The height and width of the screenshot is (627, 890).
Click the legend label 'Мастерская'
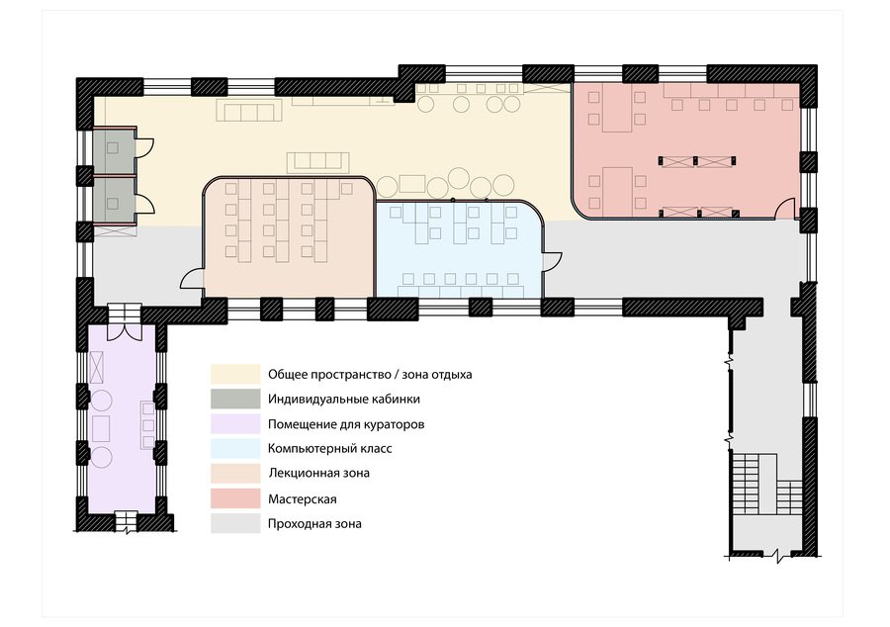[302, 499]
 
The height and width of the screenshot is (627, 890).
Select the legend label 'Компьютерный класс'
[329, 448]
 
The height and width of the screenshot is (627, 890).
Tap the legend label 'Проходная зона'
[314, 523]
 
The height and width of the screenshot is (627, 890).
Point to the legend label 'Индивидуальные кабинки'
[344, 399]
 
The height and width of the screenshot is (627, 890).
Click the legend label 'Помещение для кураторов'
[346, 424]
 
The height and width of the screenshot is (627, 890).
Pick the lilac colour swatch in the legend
[235, 424]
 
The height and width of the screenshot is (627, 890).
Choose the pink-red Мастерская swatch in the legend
[235, 498]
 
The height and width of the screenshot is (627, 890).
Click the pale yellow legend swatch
[235, 374]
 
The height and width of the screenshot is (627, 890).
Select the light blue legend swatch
[235, 448]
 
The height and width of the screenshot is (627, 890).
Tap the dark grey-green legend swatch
[235, 399]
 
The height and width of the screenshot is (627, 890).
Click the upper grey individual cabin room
[114, 150]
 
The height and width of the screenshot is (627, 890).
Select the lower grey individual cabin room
[114, 202]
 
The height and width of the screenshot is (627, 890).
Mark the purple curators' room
[122, 417]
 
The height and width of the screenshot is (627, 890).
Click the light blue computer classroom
[459, 249]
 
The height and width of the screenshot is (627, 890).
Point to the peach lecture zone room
[289, 237]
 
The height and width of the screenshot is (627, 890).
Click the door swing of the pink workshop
[786, 208]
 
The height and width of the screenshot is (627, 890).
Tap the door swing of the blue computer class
[552, 262]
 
